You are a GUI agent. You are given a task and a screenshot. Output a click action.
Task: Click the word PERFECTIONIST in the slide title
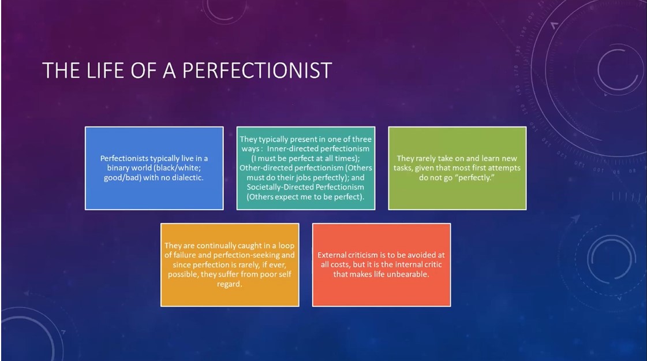pyautogui.click(x=257, y=70)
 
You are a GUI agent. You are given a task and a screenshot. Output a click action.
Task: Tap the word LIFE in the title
pyautogui.click(x=105, y=70)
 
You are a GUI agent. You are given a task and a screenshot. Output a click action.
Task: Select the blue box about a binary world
pyautogui.click(x=154, y=168)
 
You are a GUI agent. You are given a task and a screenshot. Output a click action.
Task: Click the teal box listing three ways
pyautogui.click(x=306, y=168)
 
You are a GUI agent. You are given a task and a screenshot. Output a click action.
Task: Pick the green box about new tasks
pyautogui.click(x=457, y=168)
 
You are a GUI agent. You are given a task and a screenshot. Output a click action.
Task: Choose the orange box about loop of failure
pyautogui.click(x=230, y=265)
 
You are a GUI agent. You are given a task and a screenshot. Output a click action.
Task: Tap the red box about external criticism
pyautogui.click(x=382, y=265)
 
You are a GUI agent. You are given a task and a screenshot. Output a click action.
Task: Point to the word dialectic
pyautogui.click(x=188, y=177)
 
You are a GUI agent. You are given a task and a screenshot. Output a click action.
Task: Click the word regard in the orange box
pyautogui.click(x=229, y=284)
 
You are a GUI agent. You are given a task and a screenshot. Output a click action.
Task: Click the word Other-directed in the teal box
pyautogui.click(x=265, y=168)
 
